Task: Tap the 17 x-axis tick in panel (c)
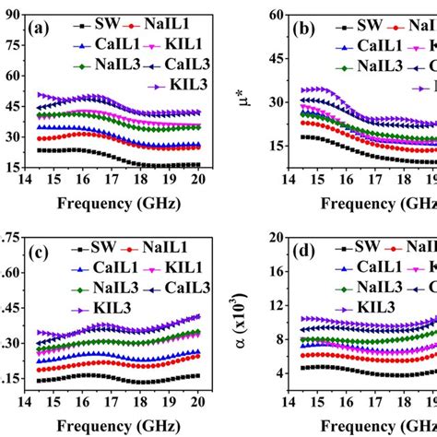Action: pyautogui.click(x=111, y=403)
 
